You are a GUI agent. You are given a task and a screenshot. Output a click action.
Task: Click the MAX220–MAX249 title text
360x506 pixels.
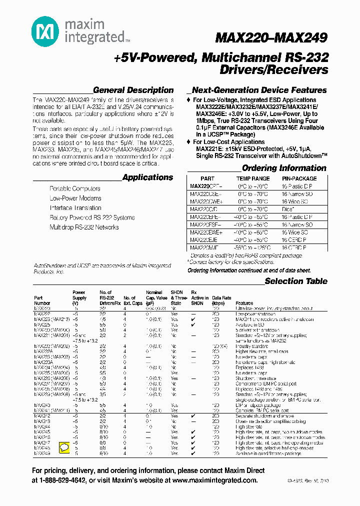pyautogui.click(x=271, y=38)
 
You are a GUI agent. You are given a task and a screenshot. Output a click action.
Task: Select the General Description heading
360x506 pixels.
pyautogui.click(x=133, y=90)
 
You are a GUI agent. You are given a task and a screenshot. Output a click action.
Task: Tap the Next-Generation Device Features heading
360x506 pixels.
pyautogui.click(x=259, y=90)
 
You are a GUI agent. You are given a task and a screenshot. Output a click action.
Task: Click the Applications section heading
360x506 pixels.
pyautogui.click(x=147, y=177)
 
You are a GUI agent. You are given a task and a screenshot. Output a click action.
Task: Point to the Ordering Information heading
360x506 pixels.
pyautogui.click(x=284, y=168)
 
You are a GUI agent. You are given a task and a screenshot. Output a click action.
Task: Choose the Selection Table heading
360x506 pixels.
pyautogui.click(x=296, y=281)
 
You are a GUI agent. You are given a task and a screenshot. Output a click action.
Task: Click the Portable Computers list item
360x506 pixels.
pyautogui.click(x=75, y=189)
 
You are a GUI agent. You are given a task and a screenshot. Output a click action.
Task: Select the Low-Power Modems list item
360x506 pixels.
pyautogui.click(x=75, y=198)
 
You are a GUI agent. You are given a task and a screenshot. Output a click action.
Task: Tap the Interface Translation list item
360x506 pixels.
pyautogui.click(x=75, y=208)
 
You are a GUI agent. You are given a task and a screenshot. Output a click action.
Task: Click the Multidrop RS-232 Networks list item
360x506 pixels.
pyautogui.click(x=84, y=227)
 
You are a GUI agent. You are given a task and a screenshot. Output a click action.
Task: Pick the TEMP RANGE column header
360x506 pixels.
pyautogui.click(x=252, y=178)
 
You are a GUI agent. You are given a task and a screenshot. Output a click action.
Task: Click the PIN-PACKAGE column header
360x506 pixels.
pyautogui.click(x=299, y=178)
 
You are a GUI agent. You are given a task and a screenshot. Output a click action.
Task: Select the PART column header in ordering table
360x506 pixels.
pyautogui.click(x=207, y=178)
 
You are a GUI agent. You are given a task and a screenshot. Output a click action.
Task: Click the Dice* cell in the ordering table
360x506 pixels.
pyautogui.click(x=288, y=209)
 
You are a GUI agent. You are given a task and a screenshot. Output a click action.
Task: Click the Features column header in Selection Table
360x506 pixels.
pyautogui.click(x=244, y=303)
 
